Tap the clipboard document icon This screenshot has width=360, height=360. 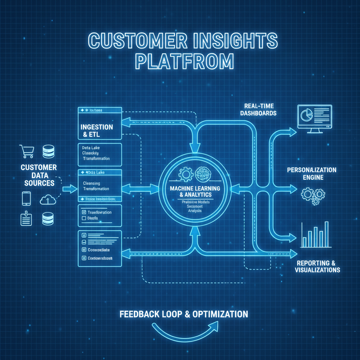click(x=26, y=219)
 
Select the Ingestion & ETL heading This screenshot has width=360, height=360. click(x=97, y=130)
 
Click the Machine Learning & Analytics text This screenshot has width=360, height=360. click(x=195, y=191)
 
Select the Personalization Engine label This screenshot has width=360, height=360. click(x=311, y=174)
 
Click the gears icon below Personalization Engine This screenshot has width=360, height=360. click(x=313, y=195)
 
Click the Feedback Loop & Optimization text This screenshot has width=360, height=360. click(x=184, y=314)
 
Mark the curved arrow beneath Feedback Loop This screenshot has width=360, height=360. click(x=183, y=331)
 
